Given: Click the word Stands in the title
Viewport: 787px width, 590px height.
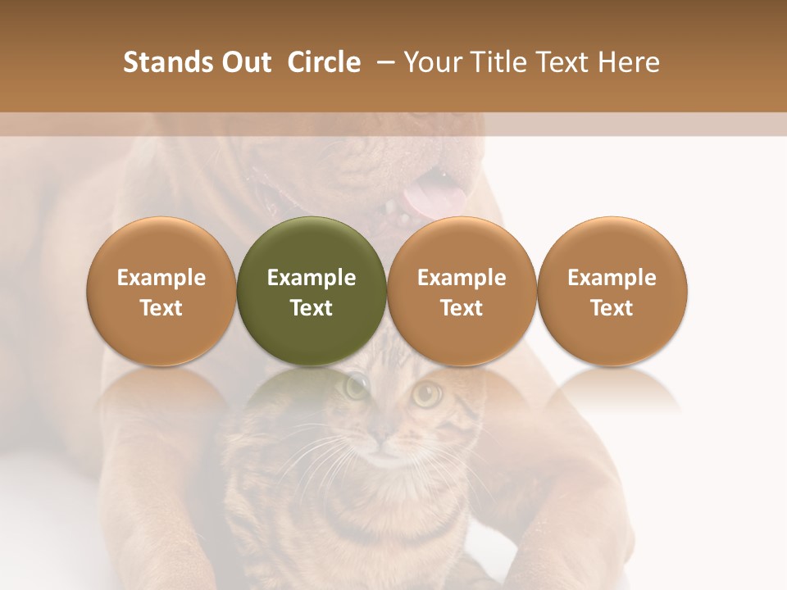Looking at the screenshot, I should click(x=167, y=62).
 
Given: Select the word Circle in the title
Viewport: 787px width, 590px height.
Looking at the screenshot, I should click(x=324, y=62).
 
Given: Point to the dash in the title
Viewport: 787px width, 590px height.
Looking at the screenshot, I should click(x=383, y=62).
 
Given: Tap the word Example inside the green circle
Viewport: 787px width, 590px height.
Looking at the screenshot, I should click(x=312, y=278).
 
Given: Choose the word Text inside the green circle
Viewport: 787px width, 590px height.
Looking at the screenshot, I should click(x=312, y=308).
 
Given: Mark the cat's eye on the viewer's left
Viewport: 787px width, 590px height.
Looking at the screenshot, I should click(x=357, y=385).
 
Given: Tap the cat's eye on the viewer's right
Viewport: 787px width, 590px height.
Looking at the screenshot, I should click(x=426, y=393).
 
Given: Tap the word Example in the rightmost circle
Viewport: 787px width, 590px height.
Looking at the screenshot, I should click(x=612, y=278).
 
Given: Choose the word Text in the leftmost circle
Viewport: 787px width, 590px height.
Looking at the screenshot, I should click(x=161, y=308).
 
